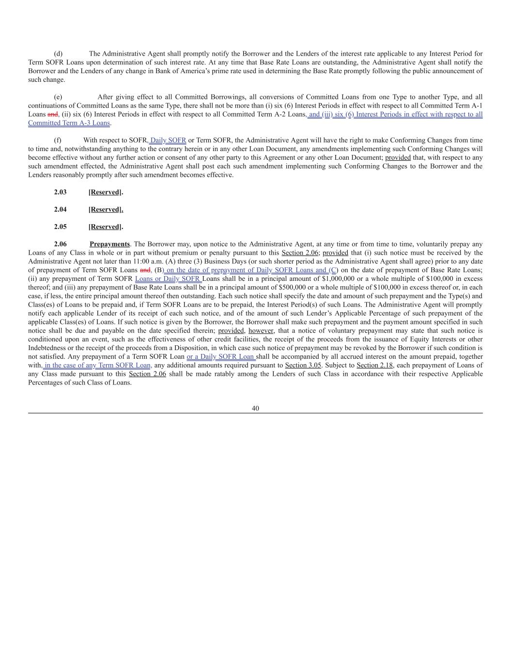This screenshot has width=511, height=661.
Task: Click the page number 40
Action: click(255, 408)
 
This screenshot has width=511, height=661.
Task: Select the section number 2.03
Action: click(60, 192)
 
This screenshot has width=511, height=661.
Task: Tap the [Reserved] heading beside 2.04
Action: click(106, 210)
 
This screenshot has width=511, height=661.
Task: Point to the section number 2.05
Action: click(60, 227)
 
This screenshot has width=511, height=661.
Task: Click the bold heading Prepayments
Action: click(109, 244)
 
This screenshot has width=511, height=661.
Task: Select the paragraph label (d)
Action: click(58, 54)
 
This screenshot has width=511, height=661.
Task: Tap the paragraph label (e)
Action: click(58, 97)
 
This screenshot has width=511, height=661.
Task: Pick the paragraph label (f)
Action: click(58, 140)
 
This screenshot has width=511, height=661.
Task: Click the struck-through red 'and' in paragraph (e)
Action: click(53, 115)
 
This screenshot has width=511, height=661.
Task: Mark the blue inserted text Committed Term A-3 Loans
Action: click(69, 123)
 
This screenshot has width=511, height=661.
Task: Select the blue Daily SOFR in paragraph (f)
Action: click(168, 140)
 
